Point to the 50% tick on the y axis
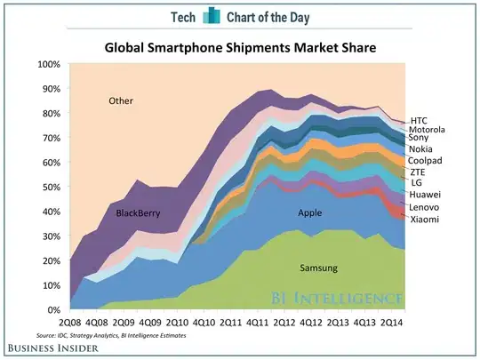point(50,187)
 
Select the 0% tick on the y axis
point(52,308)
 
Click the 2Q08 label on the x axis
point(72,322)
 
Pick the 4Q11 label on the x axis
point(258,322)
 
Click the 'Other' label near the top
point(121,100)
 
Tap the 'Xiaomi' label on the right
point(423,219)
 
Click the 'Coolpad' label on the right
point(426,160)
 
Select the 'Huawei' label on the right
point(424,194)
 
